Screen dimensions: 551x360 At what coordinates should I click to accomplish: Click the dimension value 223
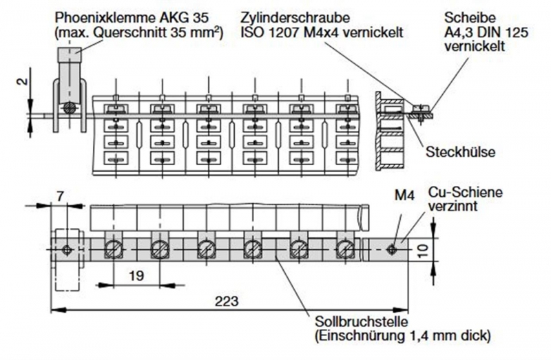click(227, 301)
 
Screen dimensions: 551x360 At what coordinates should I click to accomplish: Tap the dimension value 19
click(136, 276)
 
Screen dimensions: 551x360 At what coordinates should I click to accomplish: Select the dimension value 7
click(60, 196)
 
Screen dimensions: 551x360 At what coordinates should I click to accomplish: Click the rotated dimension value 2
click(22, 81)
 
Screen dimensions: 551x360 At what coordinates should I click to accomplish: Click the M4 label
click(405, 195)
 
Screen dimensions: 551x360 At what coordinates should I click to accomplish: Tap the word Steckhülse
click(460, 151)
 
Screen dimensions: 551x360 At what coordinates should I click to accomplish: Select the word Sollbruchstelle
click(361, 321)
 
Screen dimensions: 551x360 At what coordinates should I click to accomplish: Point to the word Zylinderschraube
click(295, 18)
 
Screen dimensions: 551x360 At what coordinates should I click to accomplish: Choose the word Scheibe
click(465, 18)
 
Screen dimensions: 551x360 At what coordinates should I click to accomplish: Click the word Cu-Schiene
click(466, 192)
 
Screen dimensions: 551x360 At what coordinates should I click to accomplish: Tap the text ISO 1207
click(269, 32)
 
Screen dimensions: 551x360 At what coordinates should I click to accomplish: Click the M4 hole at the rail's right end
click(391, 250)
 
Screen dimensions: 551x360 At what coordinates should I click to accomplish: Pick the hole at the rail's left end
click(66, 250)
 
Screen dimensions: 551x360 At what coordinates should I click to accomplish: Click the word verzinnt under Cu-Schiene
click(453, 207)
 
